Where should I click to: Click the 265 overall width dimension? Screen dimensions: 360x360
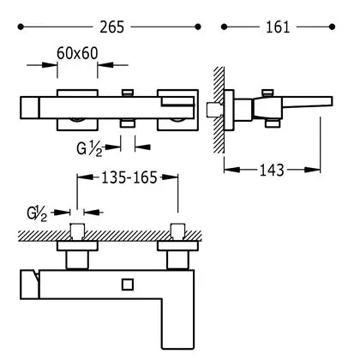(x=112, y=27)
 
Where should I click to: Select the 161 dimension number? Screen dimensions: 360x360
(x=278, y=27)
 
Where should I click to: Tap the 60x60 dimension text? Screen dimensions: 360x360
(x=77, y=53)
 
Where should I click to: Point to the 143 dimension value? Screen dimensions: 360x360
(x=272, y=170)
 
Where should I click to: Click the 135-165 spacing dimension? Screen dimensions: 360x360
(x=129, y=177)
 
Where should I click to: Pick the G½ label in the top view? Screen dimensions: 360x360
(x=89, y=149)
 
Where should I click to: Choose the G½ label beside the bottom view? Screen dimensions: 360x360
(x=37, y=214)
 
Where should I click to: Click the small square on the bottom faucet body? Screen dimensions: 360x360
(x=128, y=285)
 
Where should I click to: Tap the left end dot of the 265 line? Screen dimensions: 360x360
(x=21, y=27)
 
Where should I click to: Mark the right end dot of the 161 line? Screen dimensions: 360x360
(x=332, y=27)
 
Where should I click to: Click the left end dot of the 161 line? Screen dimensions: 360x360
(x=224, y=27)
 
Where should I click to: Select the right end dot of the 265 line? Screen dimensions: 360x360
(x=198, y=27)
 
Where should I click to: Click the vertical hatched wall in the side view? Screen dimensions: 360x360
(x=219, y=110)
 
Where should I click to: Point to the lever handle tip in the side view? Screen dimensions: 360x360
(x=331, y=101)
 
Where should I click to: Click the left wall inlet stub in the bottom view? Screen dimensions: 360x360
(x=77, y=231)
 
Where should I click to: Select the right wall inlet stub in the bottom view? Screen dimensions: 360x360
(x=178, y=231)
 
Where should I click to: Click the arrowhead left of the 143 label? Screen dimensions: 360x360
(x=231, y=170)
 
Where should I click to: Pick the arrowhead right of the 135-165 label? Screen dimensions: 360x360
(x=169, y=177)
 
